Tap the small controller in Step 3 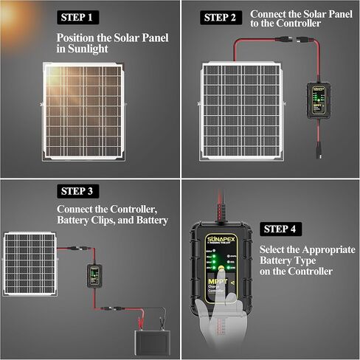coord(94,274)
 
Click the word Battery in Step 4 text coord(283,261)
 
